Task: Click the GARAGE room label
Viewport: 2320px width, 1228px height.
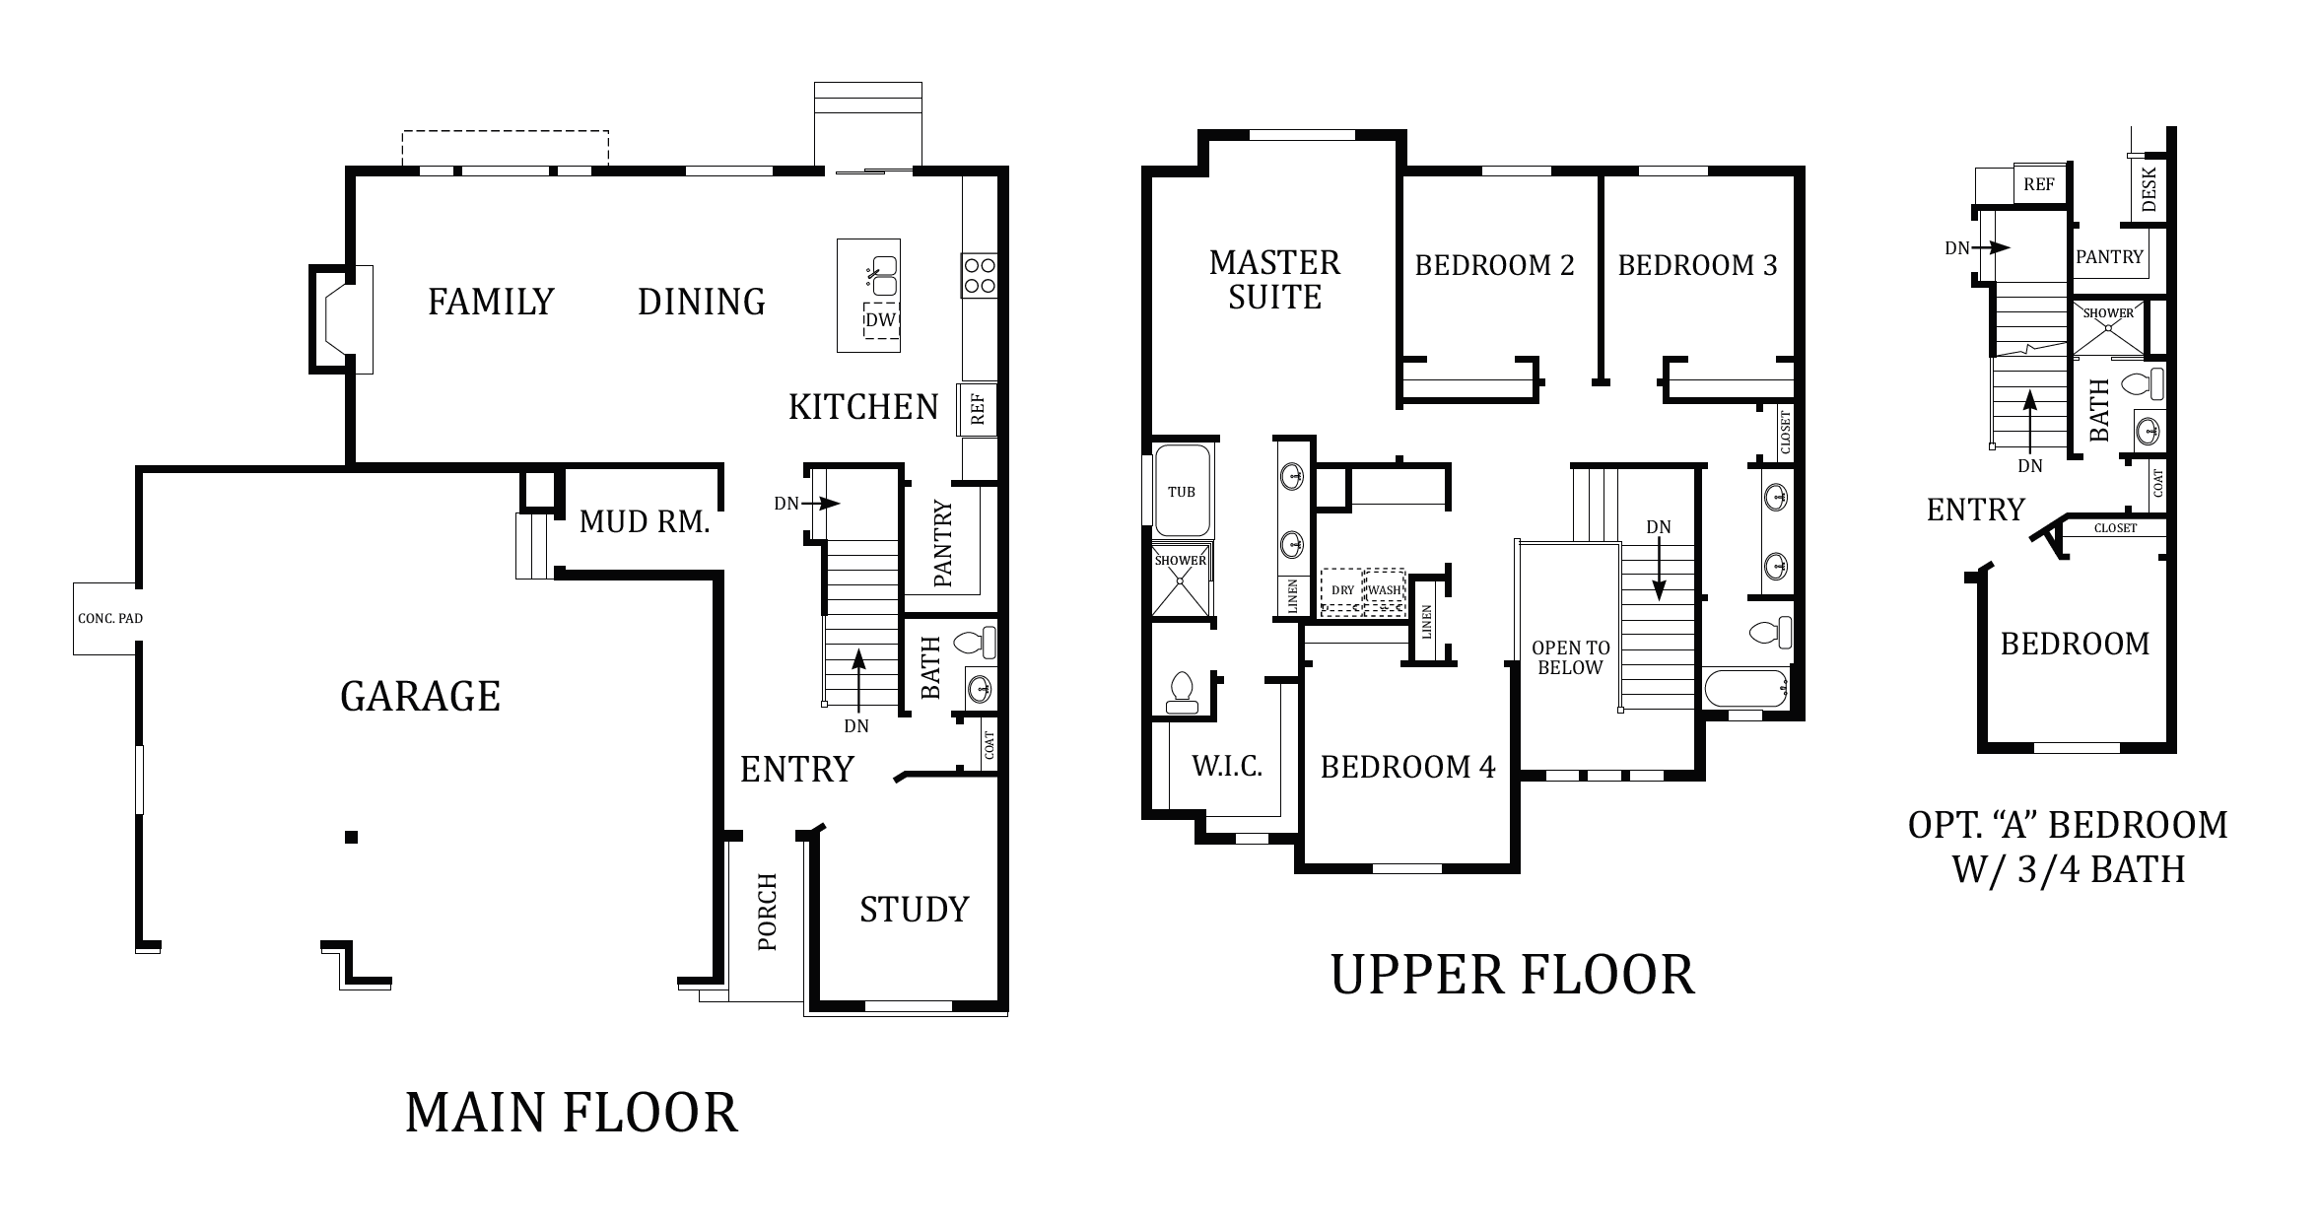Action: pos(420,697)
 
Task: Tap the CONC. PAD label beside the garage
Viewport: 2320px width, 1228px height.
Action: pos(109,619)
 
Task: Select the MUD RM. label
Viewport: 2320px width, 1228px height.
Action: pos(645,522)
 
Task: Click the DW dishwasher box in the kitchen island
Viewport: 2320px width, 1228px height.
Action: pos(882,320)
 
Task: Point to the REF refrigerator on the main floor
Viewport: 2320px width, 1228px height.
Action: pos(978,409)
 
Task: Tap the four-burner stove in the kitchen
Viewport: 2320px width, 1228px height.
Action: pos(980,275)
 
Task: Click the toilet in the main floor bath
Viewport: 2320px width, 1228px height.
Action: pos(976,643)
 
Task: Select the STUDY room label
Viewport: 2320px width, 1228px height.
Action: pos(915,909)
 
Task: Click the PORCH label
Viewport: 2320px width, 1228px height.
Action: pos(768,913)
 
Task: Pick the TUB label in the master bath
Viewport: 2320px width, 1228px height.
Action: pos(1181,492)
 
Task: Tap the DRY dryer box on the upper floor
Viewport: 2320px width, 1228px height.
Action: pos(1342,590)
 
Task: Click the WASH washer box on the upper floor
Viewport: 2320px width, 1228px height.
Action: pos(1385,590)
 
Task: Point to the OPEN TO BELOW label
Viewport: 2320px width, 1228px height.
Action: pos(1570,657)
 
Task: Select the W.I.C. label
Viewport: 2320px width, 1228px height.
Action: pos(1227,767)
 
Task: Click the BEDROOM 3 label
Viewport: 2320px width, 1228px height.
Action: pos(1697,265)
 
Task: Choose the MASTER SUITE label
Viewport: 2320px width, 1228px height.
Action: pos(1274,280)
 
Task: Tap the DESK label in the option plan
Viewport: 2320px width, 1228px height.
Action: pos(2149,188)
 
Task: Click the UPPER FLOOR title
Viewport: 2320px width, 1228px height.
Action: pos(1513,975)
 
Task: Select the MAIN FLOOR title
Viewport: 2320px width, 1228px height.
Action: pos(572,1113)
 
